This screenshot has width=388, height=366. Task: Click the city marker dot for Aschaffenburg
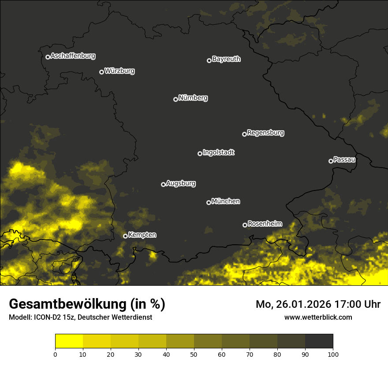pyautogui.click(x=48, y=57)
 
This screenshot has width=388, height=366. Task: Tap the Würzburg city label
pyautogui.click(x=119, y=71)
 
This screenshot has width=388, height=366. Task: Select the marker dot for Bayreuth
pyautogui.click(x=209, y=60)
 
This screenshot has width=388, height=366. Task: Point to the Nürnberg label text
pyautogui.click(x=193, y=98)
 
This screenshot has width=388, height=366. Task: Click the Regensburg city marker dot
pyautogui.click(x=244, y=134)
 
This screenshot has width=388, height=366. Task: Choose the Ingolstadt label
pyautogui.click(x=219, y=153)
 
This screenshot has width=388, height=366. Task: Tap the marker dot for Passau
pyautogui.click(x=331, y=161)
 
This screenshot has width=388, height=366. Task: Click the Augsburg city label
pyautogui.click(x=181, y=183)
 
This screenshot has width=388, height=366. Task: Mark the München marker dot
pyautogui.click(x=209, y=203)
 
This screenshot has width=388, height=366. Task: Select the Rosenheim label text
pyautogui.click(x=265, y=224)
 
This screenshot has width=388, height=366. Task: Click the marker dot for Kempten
pyautogui.click(x=125, y=236)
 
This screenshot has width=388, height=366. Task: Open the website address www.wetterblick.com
pyautogui.click(x=318, y=317)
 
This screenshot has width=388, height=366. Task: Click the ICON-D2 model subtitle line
pyautogui.click(x=80, y=317)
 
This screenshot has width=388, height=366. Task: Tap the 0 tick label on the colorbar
pyautogui.click(x=55, y=354)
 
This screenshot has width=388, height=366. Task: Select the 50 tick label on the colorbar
pyautogui.click(x=194, y=354)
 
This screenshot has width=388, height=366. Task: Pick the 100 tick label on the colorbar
pyautogui.click(x=333, y=354)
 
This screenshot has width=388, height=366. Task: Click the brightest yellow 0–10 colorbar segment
pyautogui.click(x=69, y=341)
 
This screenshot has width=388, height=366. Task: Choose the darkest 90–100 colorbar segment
pyautogui.click(x=319, y=341)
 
